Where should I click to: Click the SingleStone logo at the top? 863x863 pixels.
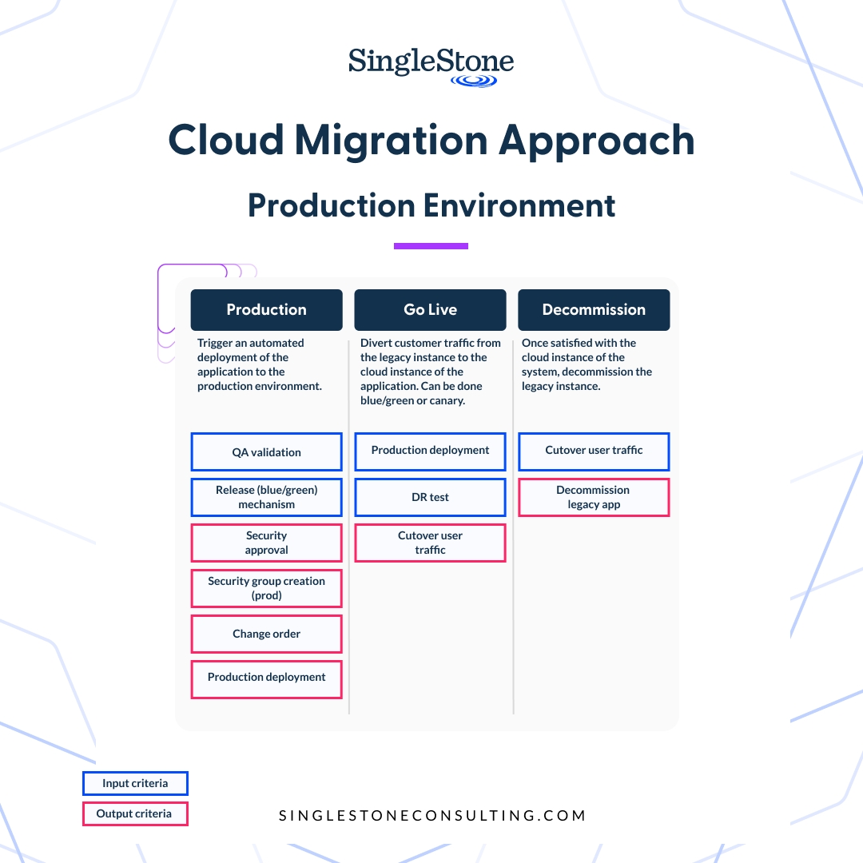tap(431, 66)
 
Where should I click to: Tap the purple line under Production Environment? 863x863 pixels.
tap(431, 246)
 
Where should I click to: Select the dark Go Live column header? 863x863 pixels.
tap(430, 310)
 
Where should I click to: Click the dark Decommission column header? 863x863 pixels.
tap(594, 310)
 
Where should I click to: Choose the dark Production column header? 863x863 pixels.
tap(266, 310)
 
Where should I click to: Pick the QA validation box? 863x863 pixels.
tap(266, 452)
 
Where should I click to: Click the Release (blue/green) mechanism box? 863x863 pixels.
tap(266, 497)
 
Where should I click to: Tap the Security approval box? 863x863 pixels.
tap(266, 543)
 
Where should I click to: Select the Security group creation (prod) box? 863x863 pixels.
tap(266, 588)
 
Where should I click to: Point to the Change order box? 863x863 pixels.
tap(266, 634)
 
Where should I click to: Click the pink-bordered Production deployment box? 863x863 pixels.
tap(266, 679)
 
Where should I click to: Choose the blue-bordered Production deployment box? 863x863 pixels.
tap(430, 451)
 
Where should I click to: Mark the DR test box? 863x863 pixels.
tap(430, 497)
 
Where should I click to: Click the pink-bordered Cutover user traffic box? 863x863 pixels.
tap(430, 543)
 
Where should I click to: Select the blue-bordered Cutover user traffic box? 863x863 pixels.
tap(594, 451)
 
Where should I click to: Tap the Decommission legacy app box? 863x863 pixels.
tap(594, 497)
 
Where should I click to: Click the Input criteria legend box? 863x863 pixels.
tap(135, 783)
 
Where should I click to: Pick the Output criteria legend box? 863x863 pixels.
tap(135, 813)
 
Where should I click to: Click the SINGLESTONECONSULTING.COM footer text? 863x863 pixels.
tap(432, 816)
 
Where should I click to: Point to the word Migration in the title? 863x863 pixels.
tap(392, 141)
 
